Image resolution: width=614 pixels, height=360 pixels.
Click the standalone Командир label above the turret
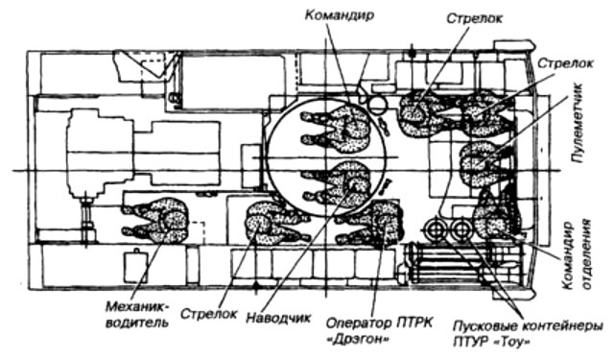(x=340, y=16)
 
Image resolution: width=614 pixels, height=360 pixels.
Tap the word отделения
(x=587, y=254)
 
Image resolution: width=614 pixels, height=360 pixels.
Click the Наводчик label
(x=279, y=318)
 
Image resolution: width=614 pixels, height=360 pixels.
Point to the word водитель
(x=138, y=324)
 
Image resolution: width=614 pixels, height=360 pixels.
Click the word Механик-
(x=138, y=306)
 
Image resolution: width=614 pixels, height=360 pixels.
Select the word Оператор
(x=359, y=324)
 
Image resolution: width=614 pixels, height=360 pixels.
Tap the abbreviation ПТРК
(x=415, y=323)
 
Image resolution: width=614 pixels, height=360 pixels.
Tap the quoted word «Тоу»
(x=508, y=343)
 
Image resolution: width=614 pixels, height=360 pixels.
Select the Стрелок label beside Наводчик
(x=209, y=314)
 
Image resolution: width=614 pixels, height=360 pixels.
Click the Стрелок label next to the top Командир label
(x=474, y=18)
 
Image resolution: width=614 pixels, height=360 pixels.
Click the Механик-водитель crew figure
(x=155, y=221)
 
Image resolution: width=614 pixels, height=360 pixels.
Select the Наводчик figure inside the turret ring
(x=336, y=182)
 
